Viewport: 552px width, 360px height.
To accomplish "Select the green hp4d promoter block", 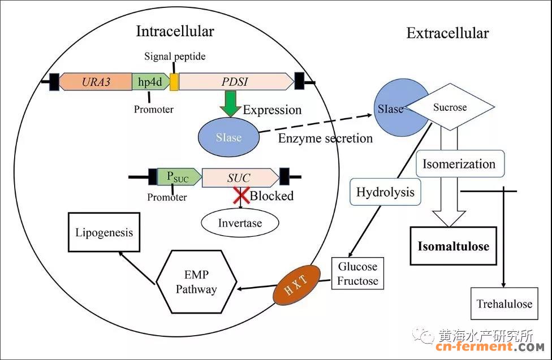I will click(150, 82).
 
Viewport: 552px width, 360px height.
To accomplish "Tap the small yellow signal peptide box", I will click(174, 82).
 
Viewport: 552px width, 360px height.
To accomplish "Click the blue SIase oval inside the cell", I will click(228, 138).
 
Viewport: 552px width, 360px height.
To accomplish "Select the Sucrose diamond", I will click(450, 107).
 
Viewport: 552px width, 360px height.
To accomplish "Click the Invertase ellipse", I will click(240, 223).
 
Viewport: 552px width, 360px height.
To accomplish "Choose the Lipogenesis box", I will click(103, 232).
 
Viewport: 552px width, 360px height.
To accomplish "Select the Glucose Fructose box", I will click(357, 273).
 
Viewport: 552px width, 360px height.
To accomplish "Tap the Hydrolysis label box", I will click(385, 193).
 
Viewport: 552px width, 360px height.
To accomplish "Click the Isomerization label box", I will click(459, 164).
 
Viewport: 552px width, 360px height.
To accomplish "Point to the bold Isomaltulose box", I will click(453, 246).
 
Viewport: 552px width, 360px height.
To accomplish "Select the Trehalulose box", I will click(504, 303).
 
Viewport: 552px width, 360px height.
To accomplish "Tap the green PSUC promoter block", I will click(180, 177).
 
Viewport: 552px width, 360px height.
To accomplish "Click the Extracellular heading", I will click(447, 33).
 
